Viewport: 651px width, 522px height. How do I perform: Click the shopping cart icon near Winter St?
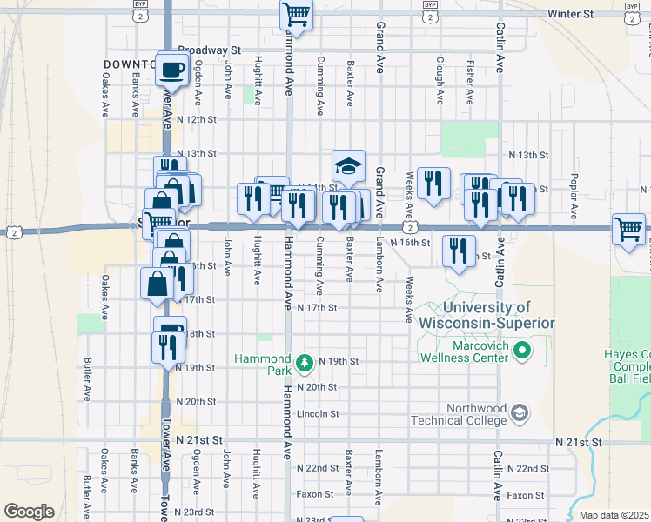[296, 16]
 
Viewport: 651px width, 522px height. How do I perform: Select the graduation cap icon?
[348, 165]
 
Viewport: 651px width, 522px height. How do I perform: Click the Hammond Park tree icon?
[304, 360]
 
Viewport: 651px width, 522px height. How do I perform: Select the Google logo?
[29, 512]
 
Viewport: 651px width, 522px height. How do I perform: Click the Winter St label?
[570, 15]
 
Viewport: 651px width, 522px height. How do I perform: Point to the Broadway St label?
[208, 50]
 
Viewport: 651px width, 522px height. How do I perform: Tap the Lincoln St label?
[317, 413]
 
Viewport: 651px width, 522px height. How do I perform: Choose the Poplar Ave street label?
[574, 202]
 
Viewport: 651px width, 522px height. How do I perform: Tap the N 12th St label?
[195, 118]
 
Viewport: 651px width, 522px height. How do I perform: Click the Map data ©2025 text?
[614, 515]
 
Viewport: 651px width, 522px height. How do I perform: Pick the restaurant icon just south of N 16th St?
[458, 251]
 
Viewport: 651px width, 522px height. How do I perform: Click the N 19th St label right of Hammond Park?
[339, 360]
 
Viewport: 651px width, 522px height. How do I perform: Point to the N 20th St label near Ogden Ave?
[195, 401]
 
